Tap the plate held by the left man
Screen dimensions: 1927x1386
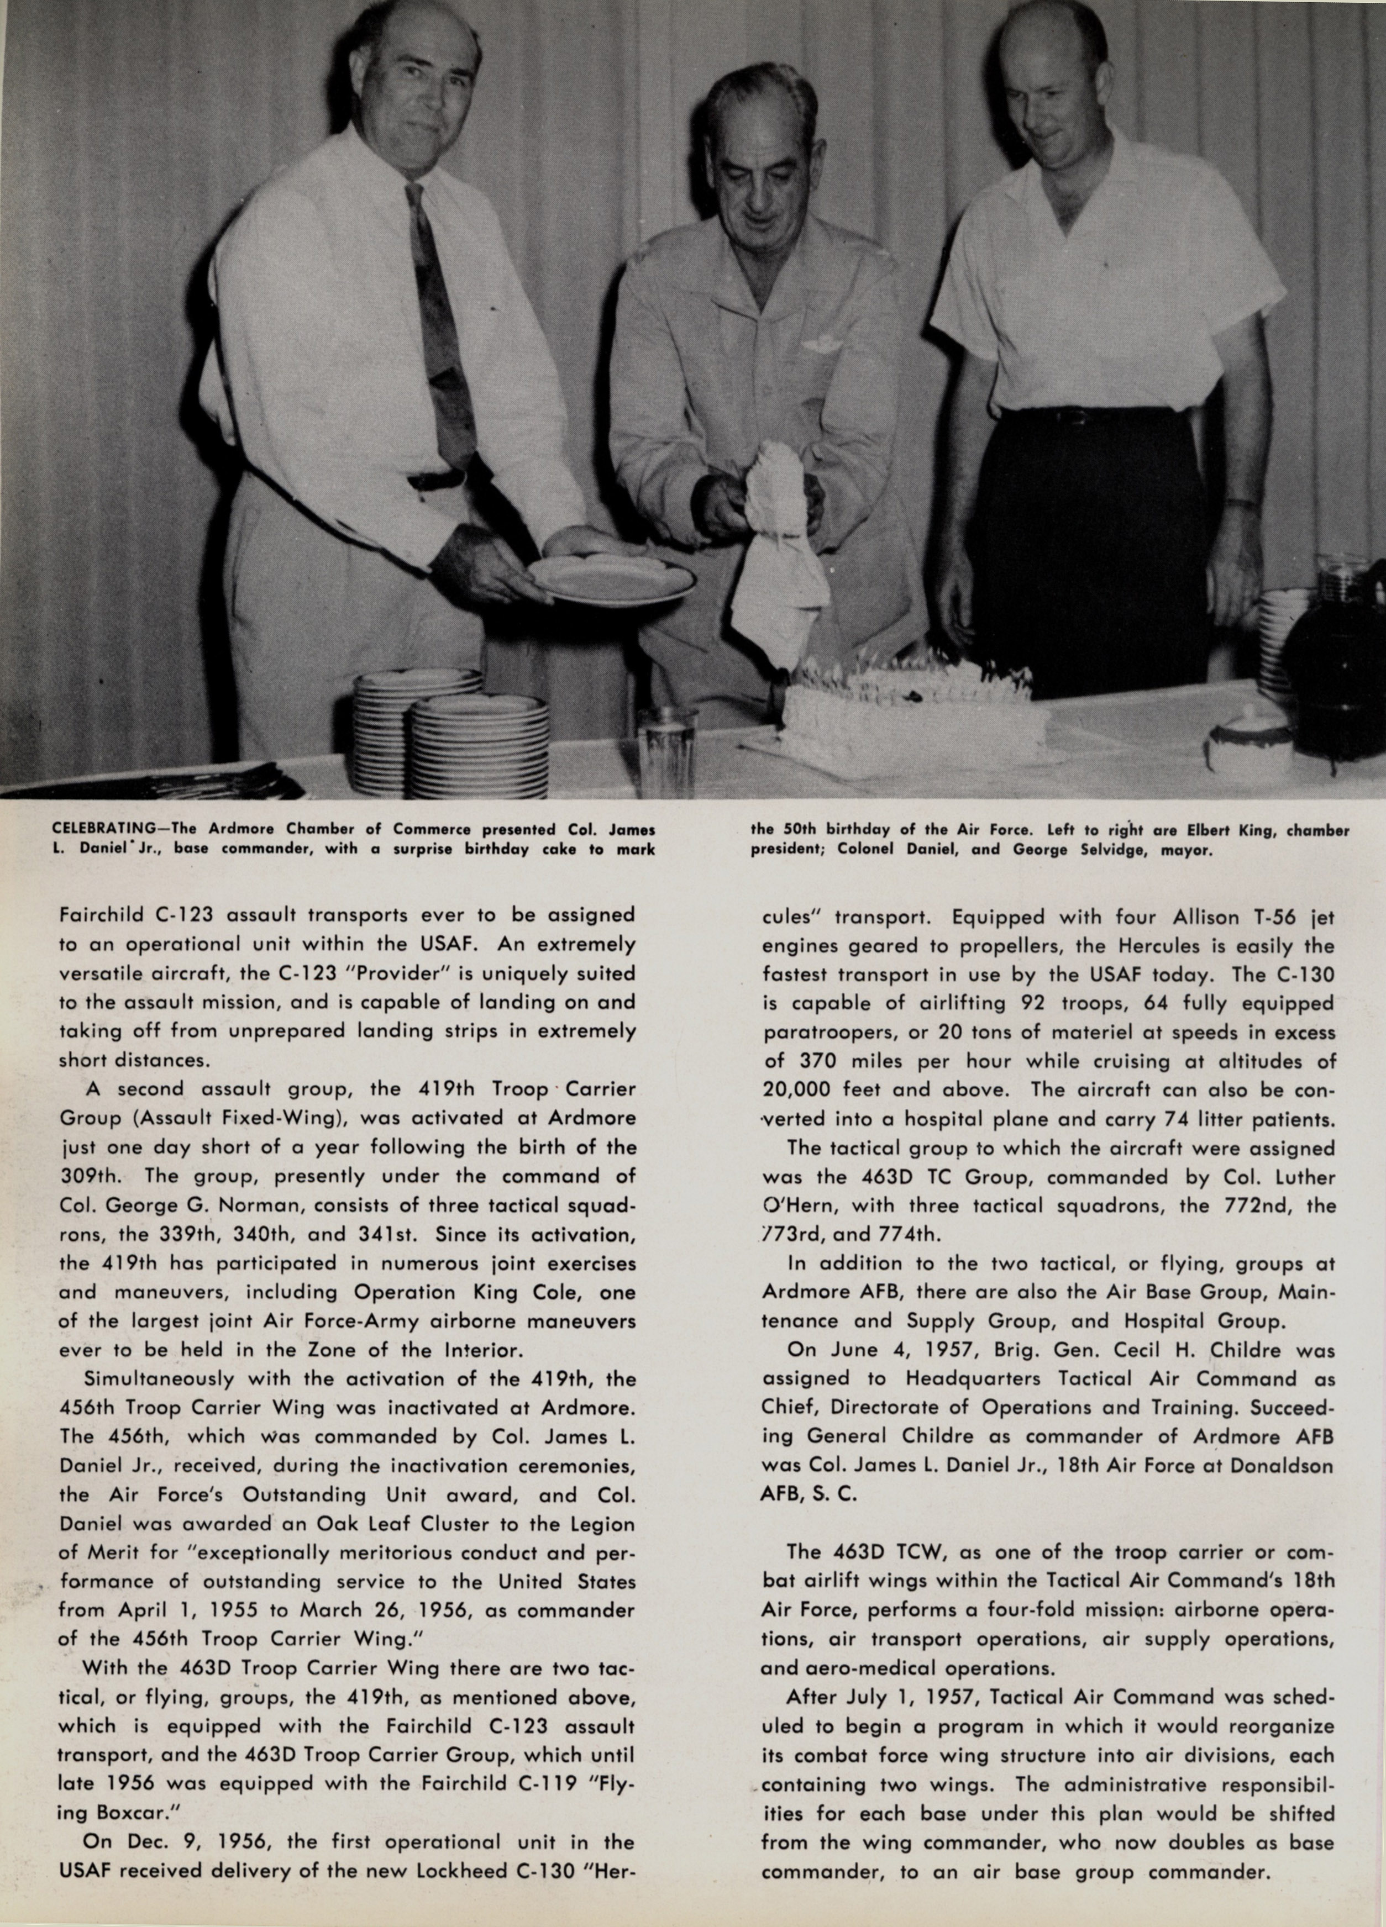tap(612, 578)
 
